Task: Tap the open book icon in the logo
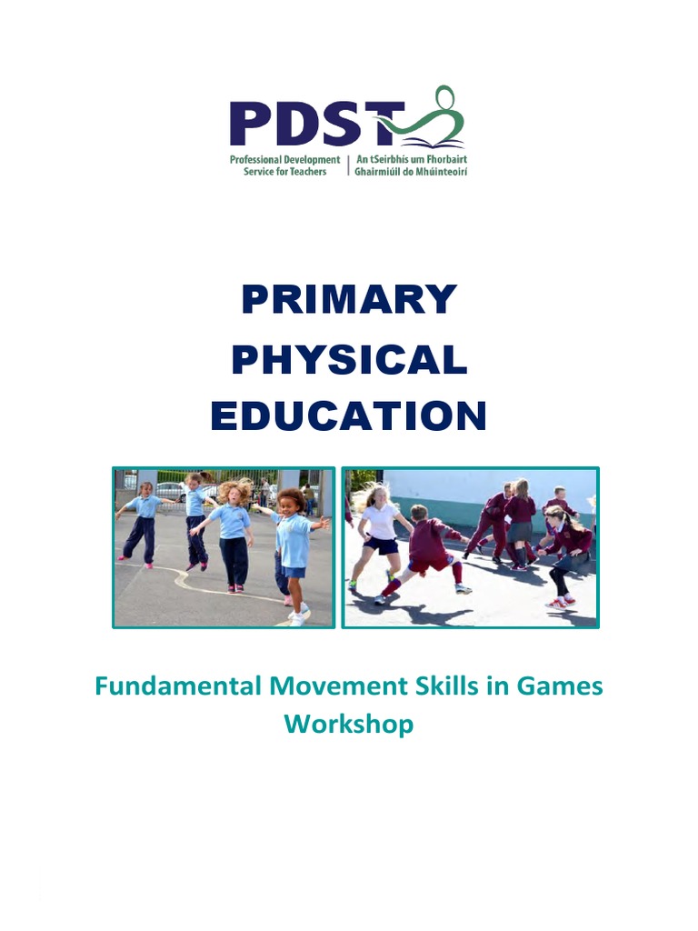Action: click(434, 141)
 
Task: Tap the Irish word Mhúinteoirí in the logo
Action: click(438, 172)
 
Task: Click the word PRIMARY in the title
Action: click(349, 300)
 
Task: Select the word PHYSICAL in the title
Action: click(349, 361)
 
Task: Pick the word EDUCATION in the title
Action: click(349, 417)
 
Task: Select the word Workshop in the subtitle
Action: click(349, 725)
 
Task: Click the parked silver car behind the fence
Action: click(171, 492)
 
